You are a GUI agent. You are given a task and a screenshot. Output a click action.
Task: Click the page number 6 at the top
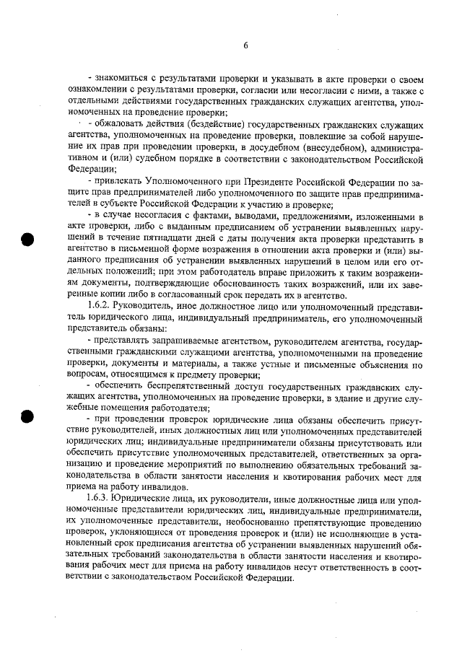(245, 45)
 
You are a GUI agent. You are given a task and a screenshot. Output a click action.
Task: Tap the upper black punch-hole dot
(30, 240)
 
